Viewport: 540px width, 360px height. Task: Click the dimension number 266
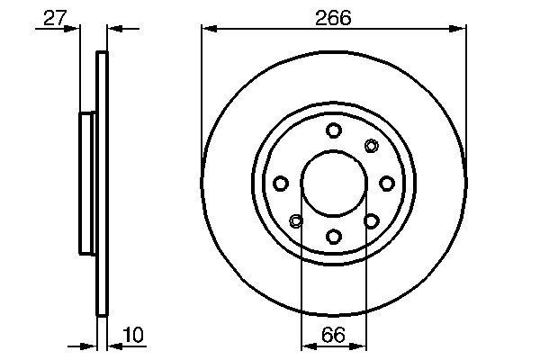tap(333, 16)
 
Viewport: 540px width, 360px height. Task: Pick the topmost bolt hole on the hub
tap(334, 130)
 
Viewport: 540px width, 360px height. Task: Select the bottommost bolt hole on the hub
tap(334, 236)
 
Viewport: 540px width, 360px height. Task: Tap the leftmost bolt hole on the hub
tap(281, 184)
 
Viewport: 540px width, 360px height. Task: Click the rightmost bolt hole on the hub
tap(387, 184)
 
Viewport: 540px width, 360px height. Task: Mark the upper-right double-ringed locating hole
tap(372, 146)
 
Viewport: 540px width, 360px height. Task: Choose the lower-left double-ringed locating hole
tap(296, 220)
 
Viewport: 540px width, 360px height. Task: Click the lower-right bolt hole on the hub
tap(371, 220)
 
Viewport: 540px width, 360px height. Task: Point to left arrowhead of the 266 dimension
tap(207, 29)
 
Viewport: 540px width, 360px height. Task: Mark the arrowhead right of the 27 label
tap(75, 29)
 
